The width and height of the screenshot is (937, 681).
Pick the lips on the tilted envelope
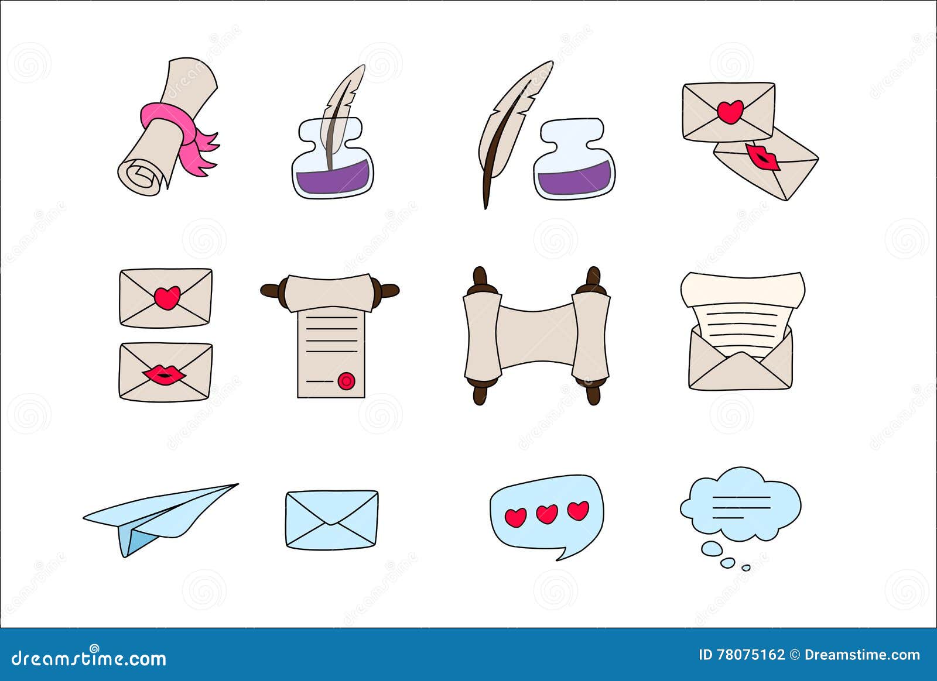[x=763, y=157]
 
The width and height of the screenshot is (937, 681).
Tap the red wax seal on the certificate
[x=346, y=381]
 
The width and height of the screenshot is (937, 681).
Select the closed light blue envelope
[x=331, y=520]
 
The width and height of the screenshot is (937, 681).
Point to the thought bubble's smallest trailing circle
[x=746, y=567]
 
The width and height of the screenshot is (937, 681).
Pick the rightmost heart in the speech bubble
[x=578, y=510]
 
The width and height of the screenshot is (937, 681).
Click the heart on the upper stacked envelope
[x=167, y=298]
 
